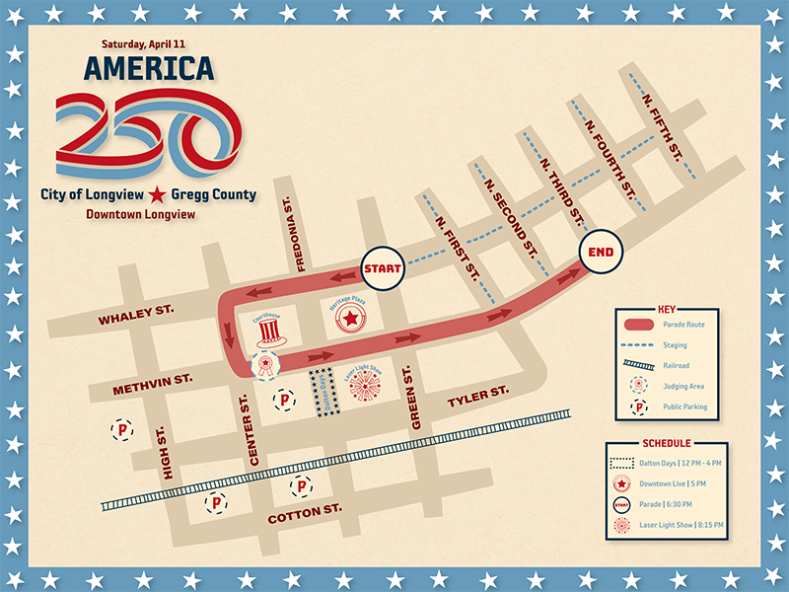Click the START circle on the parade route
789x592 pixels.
pyautogui.click(x=381, y=268)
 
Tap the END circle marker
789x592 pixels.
pyautogui.click(x=601, y=252)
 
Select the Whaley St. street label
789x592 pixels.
pyautogui.click(x=135, y=315)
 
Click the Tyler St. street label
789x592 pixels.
pyautogui.click(x=478, y=398)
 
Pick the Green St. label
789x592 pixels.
pyautogui.click(x=415, y=396)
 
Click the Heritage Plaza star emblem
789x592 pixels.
pyautogui.click(x=350, y=318)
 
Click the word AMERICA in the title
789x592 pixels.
pyautogui.click(x=149, y=68)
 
